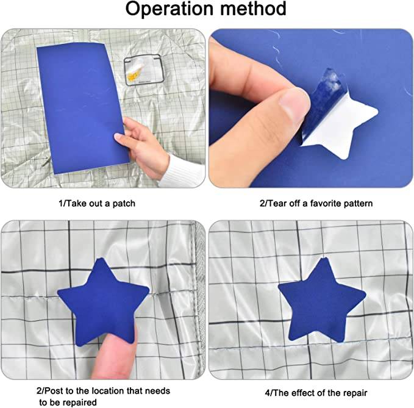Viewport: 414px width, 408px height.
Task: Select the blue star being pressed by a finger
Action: [x=104, y=299]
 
